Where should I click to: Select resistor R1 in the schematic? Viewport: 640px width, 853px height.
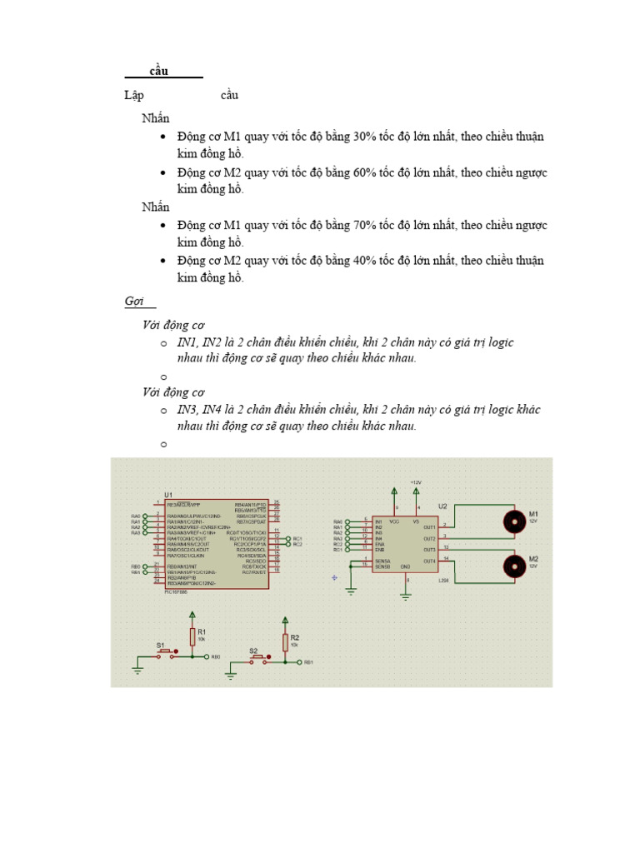[x=192, y=637]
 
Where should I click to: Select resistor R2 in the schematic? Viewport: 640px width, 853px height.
[x=285, y=642]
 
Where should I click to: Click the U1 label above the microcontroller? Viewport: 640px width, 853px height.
[x=168, y=495]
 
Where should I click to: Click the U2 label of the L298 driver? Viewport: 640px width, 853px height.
[x=442, y=506]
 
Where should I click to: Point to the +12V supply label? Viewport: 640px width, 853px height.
[x=416, y=482]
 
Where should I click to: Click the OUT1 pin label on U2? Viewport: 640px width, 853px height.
[x=430, y=526]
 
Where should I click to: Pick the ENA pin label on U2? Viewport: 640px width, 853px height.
[x=380, y=544]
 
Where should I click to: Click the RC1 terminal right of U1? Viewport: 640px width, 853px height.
[x=297, y=539]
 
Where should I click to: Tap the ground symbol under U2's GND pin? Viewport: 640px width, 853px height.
[x=406, y=596]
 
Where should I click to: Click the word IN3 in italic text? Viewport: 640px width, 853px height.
[x=187, y=410]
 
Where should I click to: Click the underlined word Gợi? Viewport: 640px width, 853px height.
[x=134, y=301]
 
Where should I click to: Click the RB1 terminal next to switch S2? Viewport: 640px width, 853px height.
[x=307, y=662]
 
